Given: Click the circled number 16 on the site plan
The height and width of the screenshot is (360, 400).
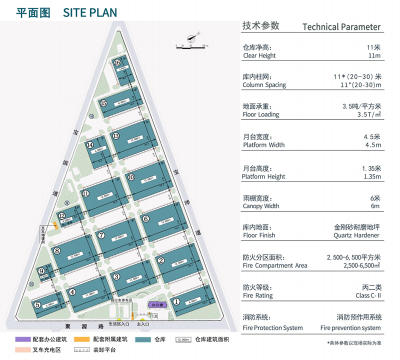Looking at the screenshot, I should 116,63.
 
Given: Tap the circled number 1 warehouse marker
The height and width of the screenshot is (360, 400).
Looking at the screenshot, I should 176,301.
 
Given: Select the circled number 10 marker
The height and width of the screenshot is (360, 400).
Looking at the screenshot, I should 131,177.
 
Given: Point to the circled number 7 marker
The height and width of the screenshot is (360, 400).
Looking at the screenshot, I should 101,235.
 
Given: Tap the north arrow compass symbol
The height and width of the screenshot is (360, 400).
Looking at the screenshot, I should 190,38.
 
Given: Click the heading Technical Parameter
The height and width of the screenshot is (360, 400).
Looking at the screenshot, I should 341,27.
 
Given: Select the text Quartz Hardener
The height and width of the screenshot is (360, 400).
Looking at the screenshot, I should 356,235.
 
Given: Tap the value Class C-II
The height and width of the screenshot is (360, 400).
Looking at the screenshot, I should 368,295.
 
